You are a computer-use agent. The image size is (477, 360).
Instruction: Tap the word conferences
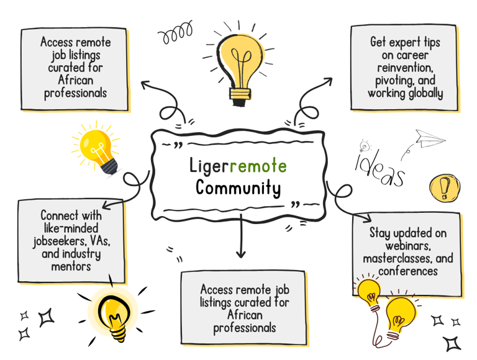(x=406, y=271)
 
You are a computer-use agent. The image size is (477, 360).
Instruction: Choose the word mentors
(x=71, y=266)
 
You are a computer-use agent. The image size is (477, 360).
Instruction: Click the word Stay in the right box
(x=379, y=233)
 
